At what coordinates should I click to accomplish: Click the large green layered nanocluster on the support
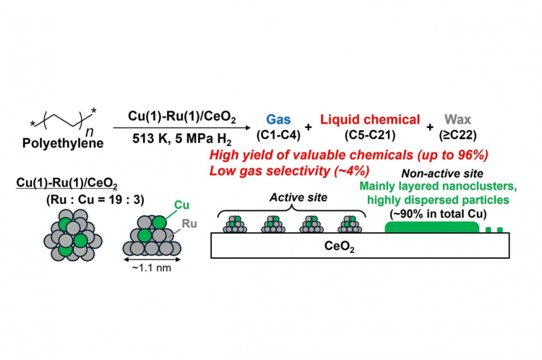(x=431, y=227)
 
